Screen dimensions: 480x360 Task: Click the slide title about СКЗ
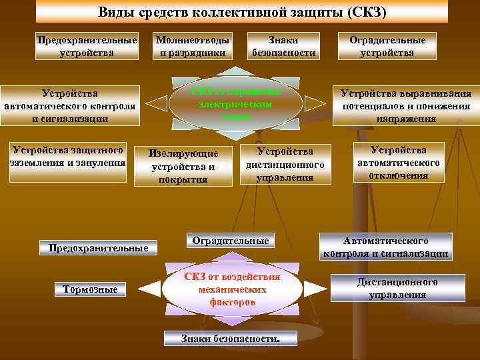tap(242, 12)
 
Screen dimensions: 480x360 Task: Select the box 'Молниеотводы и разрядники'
tap(193, 46)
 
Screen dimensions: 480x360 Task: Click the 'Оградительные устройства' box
tap(387, 46)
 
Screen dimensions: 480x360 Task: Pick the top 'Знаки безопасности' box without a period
tap(284, 46)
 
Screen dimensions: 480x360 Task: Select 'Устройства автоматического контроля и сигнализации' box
tap(70, 105)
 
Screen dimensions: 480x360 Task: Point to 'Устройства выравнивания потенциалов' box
tap(406, 105)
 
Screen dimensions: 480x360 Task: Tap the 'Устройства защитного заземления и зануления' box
tap(67, 156)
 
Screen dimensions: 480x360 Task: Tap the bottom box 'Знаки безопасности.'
tap(231, 338)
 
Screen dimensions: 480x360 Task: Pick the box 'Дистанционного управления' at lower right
tap(397, 288)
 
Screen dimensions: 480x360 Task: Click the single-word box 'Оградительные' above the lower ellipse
tap(230, 241)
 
